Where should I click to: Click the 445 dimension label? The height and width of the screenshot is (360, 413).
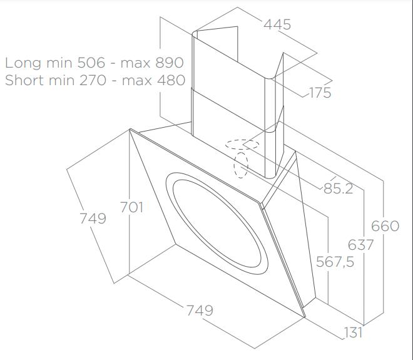277,24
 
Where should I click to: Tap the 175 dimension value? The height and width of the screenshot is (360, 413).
320,93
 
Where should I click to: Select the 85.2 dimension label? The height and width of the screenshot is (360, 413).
338,188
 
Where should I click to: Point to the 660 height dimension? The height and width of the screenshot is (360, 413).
385,226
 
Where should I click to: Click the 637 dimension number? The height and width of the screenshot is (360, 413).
360,245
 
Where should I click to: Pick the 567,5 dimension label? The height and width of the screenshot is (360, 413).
335,262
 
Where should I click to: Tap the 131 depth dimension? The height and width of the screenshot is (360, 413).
353,332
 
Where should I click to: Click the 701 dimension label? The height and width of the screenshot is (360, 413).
131,207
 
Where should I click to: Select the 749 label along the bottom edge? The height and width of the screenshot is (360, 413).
200,311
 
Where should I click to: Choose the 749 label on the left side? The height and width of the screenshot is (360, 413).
93,219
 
